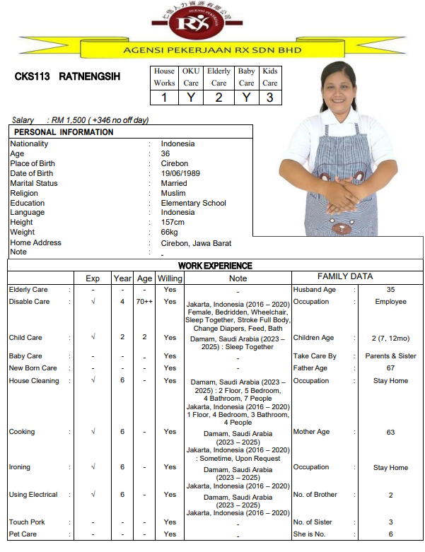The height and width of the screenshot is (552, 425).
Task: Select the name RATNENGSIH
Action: pos(89,76)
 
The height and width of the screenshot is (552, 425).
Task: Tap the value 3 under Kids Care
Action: pos(269,98)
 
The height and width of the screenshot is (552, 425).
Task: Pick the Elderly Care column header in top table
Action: pos(219,77)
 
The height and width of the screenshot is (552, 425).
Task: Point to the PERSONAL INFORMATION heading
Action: pos(64,132)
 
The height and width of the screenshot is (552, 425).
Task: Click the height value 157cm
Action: pos(173,223)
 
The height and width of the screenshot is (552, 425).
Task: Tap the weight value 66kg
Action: pos(170,233)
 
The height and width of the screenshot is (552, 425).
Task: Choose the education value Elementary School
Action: pos(193,203)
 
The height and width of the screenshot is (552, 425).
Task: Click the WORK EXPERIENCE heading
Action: pos(215,266)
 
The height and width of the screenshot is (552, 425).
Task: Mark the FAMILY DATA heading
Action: pos(344,277)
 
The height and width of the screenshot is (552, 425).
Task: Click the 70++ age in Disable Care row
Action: pos(144,302)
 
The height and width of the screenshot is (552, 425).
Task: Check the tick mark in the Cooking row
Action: pos(93,432)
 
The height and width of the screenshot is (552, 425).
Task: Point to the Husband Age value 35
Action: pos(390,290)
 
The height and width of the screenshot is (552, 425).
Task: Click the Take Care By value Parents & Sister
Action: pos(390,356)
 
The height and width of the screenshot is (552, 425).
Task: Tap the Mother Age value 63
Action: pos(390,432)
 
